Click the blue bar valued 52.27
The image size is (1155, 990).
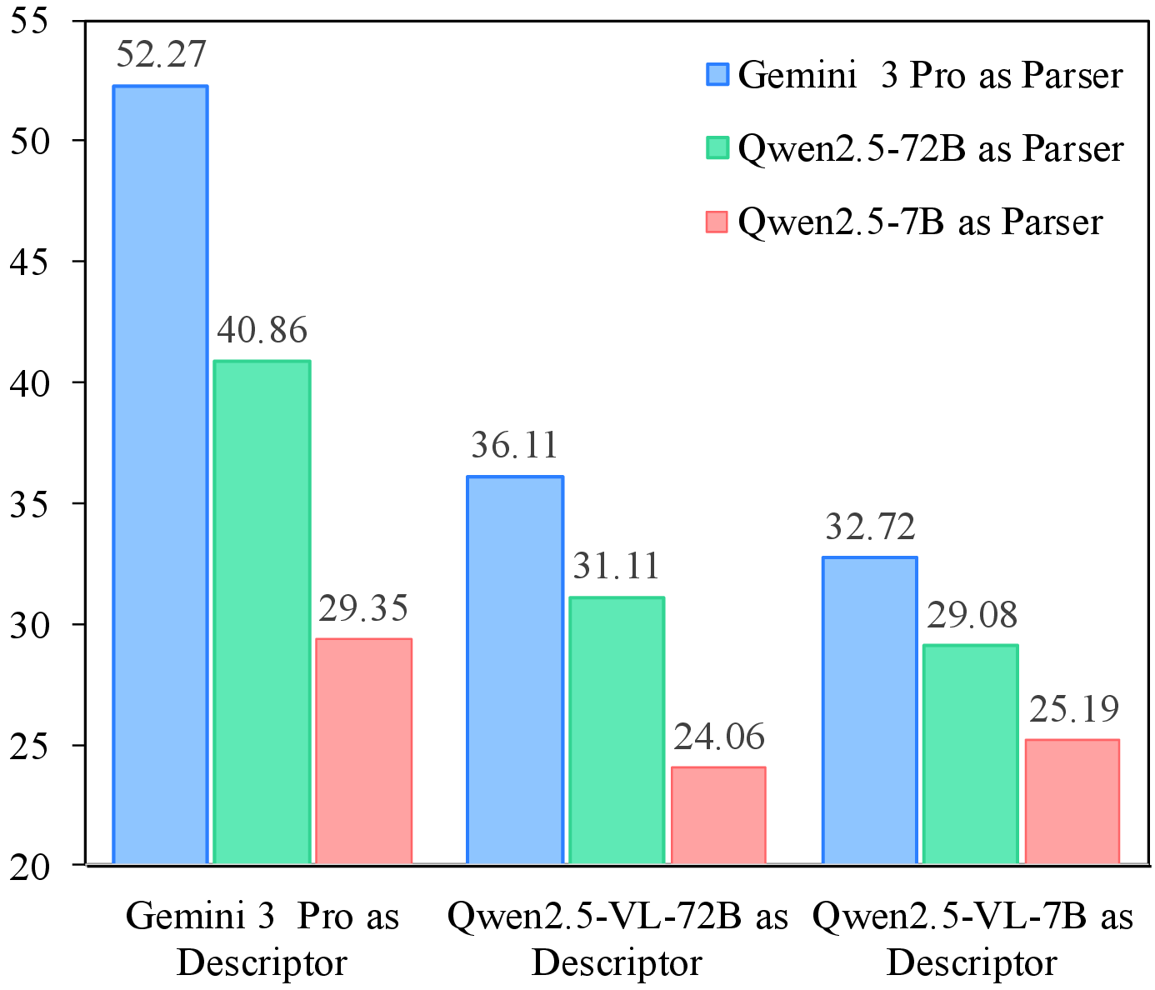(x=160, y=475)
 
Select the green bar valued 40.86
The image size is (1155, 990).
(x=262, y=612)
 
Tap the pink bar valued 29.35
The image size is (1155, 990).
(x=363, y=751)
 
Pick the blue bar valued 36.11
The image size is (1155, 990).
(x=515, y=670)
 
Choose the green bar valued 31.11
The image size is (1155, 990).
(x=617, y=730)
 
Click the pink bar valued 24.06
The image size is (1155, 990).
(x=718, y=815)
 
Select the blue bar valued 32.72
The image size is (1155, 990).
(x=870, y=710)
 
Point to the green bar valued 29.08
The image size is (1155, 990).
(x=972, y=754)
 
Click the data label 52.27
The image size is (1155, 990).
(x=161, y=55)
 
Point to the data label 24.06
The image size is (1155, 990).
(x=719, y=737)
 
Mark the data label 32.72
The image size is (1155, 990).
(x=871, y=527)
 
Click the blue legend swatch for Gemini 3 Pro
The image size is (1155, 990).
(x=717, y=74)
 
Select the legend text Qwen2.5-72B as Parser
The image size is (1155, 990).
(x=931, y=149)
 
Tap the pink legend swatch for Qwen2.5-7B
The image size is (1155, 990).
(x=717, y=222)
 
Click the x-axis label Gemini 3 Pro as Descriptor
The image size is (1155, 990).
(x=262, y=939)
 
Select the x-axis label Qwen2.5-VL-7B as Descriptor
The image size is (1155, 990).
(x=972, y=939)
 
